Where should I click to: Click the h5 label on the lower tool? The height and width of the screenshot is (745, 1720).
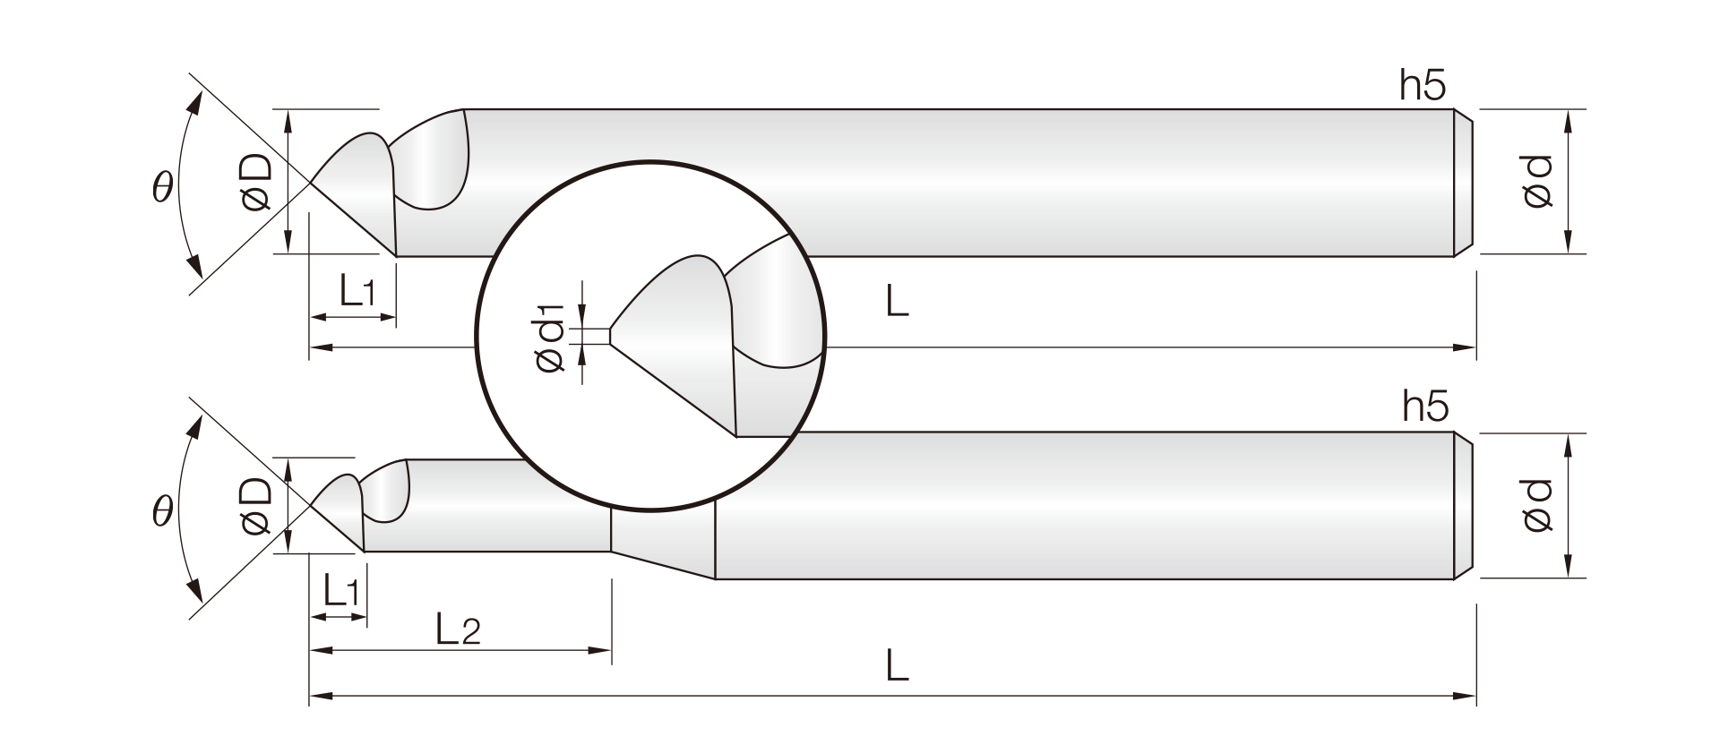coord(1425,407)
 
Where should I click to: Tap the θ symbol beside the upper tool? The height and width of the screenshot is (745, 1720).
coord(162,187)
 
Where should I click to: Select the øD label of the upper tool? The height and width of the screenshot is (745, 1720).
coord(256,183)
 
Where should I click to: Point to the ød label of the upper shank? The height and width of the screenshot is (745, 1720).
coord(1536,182)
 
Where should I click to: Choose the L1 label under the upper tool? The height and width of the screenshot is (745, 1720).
coord(357,290)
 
